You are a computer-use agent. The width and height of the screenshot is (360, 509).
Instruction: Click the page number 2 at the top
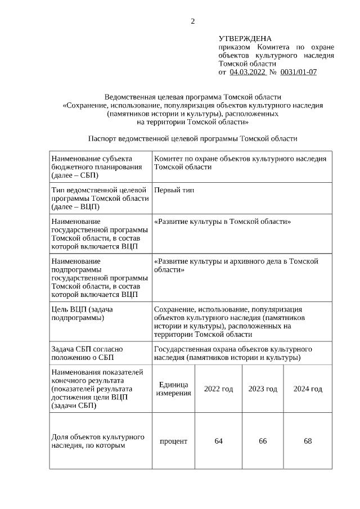[193, 21]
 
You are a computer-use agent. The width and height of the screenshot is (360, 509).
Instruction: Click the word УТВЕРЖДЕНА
[245, 39]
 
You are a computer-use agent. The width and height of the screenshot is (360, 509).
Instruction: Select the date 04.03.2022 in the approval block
[247, 72]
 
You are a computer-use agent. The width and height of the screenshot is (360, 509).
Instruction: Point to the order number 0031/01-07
[298, 72]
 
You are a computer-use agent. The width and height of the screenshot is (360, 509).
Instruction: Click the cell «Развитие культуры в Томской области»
[222, 222]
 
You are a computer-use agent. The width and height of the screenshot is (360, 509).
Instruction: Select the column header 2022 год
[218, 389]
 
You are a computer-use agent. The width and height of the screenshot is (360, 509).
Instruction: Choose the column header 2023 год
[263, 389]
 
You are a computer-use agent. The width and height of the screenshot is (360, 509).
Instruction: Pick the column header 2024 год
[308, 389]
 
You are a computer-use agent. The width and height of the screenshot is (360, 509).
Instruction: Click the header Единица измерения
[173, 389]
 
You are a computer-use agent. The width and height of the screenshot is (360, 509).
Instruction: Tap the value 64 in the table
[218, 441]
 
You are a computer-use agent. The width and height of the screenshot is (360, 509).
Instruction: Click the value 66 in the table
[263, 441]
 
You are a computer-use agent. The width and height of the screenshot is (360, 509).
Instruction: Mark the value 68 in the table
[308, 441]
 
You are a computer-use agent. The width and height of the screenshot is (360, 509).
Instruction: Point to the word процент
[173, 441]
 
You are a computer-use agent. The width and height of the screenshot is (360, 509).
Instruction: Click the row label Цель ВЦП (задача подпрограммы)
[82, 313]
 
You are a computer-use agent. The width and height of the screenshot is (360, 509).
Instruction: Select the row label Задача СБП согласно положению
[87, 353]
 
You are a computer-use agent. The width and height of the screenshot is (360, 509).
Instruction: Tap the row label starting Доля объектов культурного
[98, 442]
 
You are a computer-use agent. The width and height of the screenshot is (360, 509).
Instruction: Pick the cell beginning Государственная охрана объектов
[233, 353]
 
